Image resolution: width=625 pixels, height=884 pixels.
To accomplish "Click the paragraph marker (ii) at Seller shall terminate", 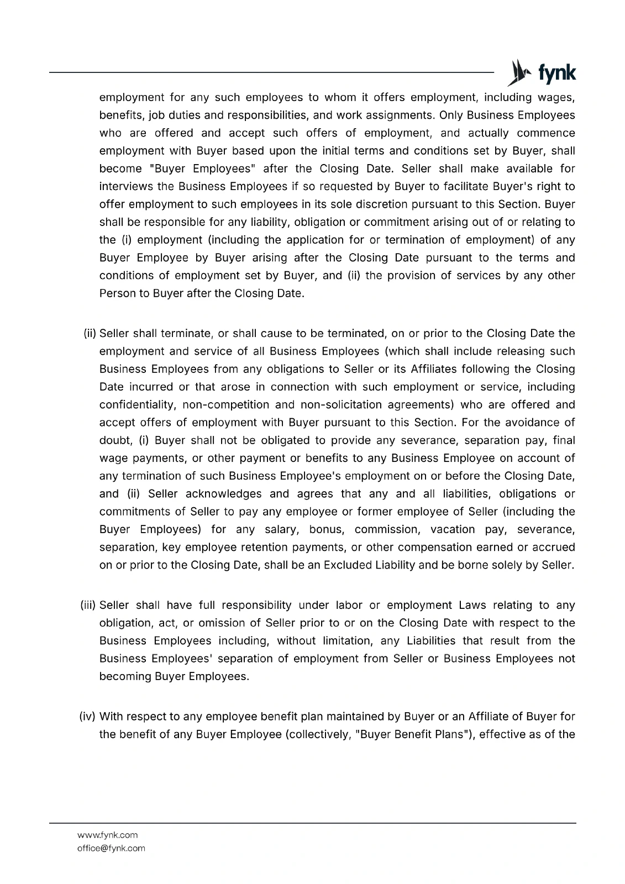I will [90, 334].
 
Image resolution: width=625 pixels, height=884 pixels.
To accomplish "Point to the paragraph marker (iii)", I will [88, 606].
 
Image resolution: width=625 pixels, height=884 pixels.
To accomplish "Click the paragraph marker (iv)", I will [88, 717].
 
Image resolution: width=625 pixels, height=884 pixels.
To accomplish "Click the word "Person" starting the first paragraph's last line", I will [117, 293].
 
